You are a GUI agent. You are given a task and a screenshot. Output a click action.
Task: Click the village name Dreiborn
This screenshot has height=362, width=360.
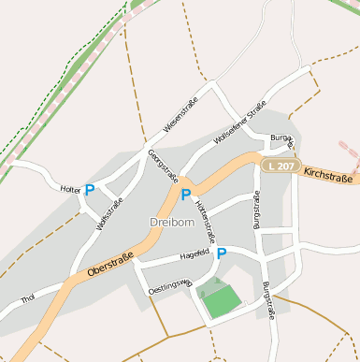169,222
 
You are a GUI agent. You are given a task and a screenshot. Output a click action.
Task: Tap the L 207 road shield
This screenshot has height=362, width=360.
278,166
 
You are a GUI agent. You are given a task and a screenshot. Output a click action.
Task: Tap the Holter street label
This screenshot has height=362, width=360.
70,189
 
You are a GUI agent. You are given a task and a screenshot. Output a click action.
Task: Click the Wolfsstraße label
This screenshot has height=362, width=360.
109,214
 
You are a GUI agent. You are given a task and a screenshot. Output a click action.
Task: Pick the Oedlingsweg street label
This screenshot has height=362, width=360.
170,283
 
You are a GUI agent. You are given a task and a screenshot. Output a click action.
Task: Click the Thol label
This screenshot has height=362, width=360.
27,299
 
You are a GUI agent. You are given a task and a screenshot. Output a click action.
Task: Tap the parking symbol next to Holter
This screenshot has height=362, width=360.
90,189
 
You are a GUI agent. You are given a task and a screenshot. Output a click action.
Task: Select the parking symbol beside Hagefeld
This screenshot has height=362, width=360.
222,253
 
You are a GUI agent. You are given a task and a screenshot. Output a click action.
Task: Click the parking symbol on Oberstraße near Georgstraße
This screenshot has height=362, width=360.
185,195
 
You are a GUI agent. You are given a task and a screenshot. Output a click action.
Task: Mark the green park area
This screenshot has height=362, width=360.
221,299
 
